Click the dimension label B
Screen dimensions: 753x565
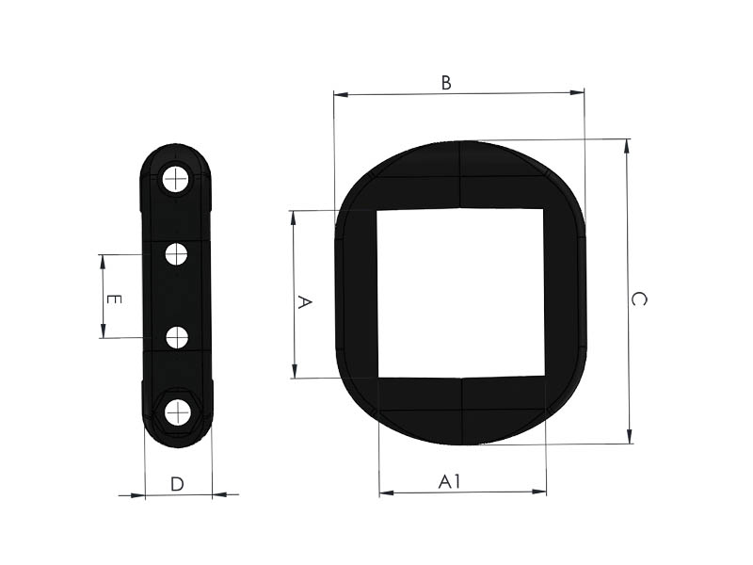click(x=446, y=83)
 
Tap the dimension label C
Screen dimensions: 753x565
click(x=639, y=299)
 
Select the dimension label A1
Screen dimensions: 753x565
click(x=450, y=481)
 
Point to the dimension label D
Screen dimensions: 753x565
click(x=177, y=484)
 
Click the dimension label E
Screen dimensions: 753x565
click(x=113, y=299)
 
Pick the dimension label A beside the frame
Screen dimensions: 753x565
click(x=304, y=302)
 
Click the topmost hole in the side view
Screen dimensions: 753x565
click(x=175, y=180)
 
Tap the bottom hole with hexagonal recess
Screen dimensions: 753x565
click(x=178, y=412)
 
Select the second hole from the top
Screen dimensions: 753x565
click(x=176, y=254)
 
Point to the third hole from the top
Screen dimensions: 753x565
click(x=177, y=338)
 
